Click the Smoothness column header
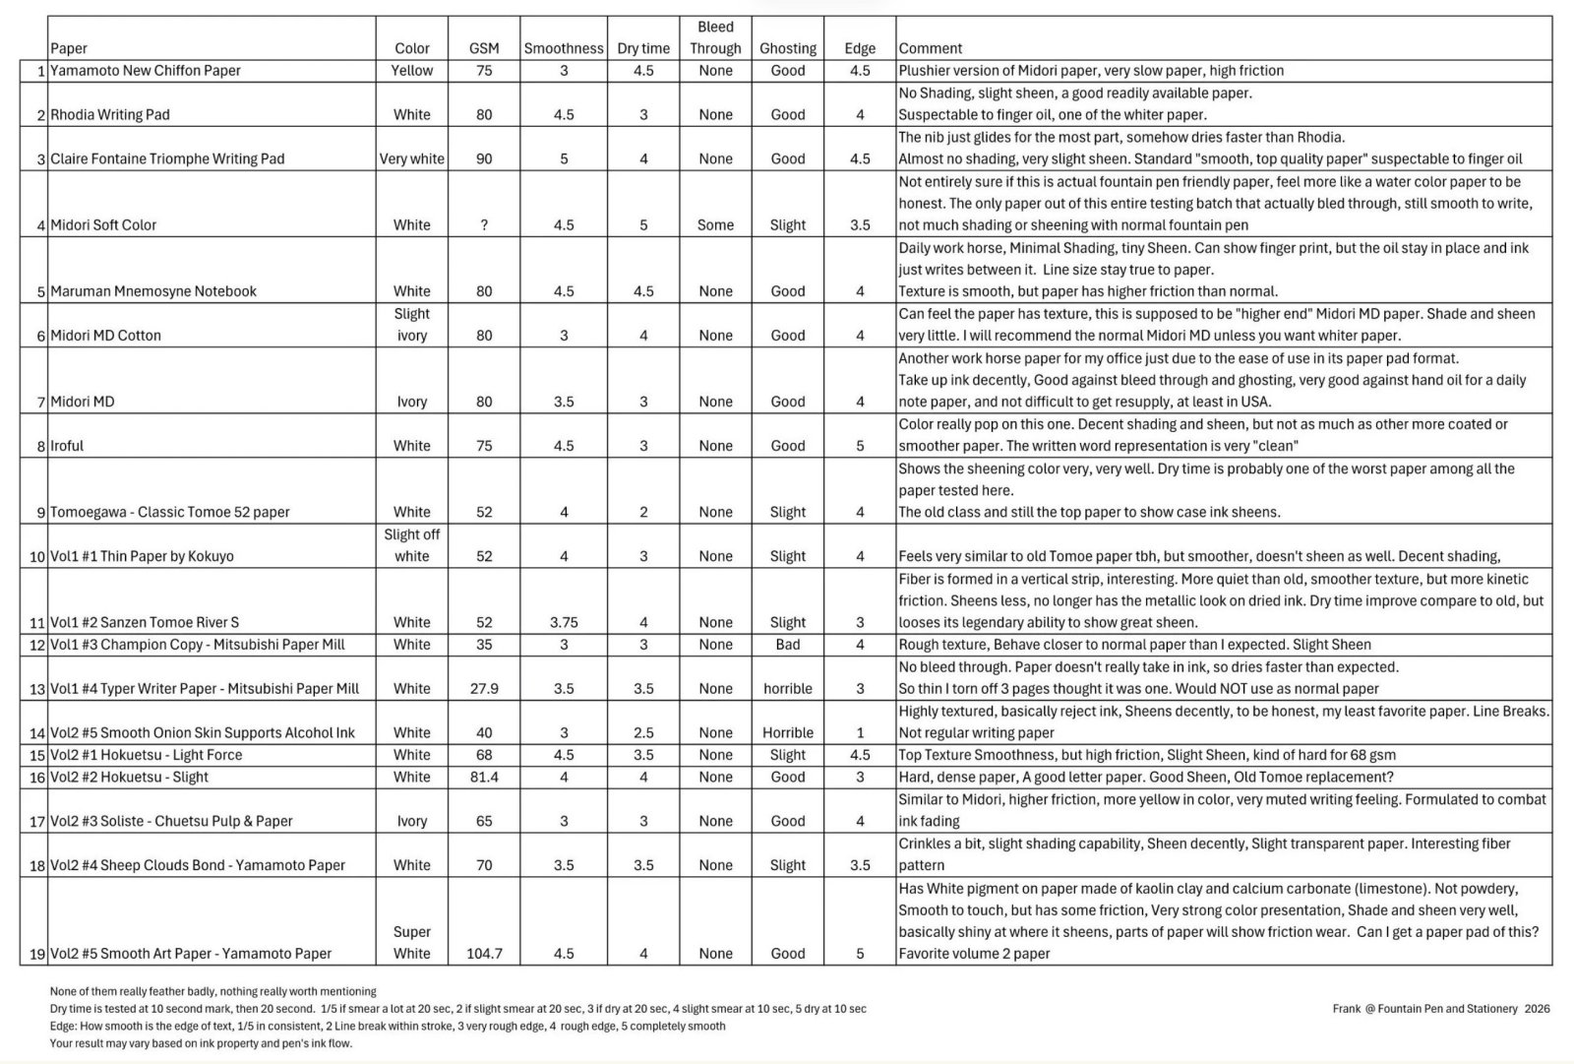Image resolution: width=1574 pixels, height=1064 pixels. tap(563, 48)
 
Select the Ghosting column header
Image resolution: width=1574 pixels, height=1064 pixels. tap(787, 48)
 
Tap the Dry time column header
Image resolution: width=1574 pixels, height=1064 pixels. tap(643, 48)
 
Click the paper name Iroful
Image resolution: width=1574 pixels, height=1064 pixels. tap(67, 446)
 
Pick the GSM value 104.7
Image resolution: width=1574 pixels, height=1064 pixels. tap(484, 953)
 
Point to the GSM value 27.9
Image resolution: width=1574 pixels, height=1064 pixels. tap(484, 689)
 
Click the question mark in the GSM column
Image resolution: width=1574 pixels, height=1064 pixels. tap(484, 224)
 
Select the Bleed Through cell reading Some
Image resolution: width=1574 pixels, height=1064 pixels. tap(715, 224)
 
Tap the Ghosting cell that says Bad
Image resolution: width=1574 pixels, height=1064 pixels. tap(787, 645)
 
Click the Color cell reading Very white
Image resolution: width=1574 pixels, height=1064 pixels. tap(411, 158)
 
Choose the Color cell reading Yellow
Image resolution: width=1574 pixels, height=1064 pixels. tap(411, 71)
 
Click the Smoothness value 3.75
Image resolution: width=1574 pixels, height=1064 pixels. tap(563, 622)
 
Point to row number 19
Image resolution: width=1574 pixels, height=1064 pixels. tap(37, 953)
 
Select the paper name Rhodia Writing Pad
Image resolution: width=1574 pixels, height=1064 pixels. tap(110, 115)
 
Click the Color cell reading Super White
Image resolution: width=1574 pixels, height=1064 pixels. tap(411, 942)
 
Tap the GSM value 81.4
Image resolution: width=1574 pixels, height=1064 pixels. tap(484, 777)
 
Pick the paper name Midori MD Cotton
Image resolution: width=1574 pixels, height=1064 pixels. tap(105, 336)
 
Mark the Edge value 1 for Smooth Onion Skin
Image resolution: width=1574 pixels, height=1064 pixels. tap(860, 732)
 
